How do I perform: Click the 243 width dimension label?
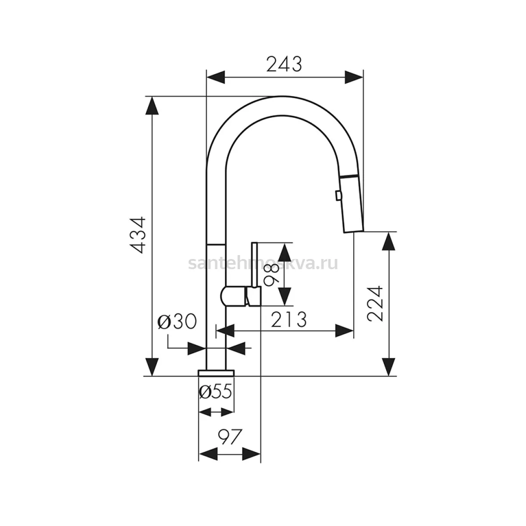click(x=284, y=64)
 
